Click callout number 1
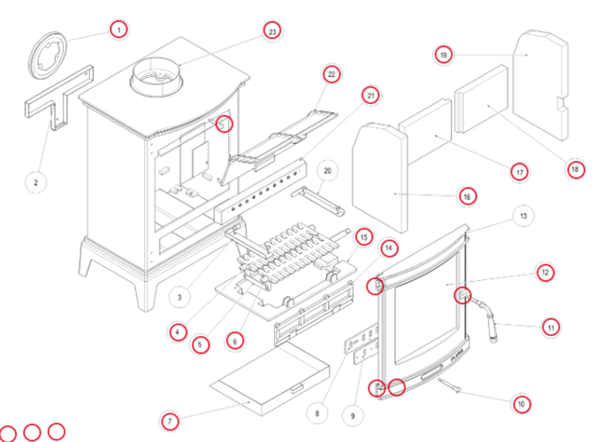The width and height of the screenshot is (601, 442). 118,29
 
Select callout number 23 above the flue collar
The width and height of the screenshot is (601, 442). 272,32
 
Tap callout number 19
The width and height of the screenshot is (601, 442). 444,55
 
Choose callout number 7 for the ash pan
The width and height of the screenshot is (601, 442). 171,418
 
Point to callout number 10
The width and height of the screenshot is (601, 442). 521,404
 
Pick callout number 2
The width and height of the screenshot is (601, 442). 35,182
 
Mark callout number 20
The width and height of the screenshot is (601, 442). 326,170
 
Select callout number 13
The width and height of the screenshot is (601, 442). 524,215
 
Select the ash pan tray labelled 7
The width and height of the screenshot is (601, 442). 265,380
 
